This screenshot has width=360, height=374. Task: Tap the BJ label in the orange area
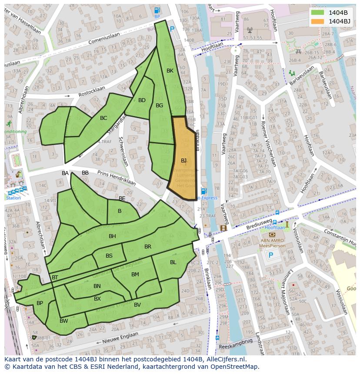183,161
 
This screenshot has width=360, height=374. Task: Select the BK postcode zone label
170,71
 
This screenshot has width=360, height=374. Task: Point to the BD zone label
142,100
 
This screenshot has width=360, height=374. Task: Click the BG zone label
159,106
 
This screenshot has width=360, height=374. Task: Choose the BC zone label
103,118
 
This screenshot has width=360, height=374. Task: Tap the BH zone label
112,236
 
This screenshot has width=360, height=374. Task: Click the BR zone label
148,247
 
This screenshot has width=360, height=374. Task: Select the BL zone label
173,262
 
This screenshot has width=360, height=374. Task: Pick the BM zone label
135,274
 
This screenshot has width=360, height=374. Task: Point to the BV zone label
137,305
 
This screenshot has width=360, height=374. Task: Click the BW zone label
64,321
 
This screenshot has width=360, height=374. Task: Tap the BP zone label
40,303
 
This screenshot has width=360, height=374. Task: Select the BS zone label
109,256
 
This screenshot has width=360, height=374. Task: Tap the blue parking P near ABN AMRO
271,255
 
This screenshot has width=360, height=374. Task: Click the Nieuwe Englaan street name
120,337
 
